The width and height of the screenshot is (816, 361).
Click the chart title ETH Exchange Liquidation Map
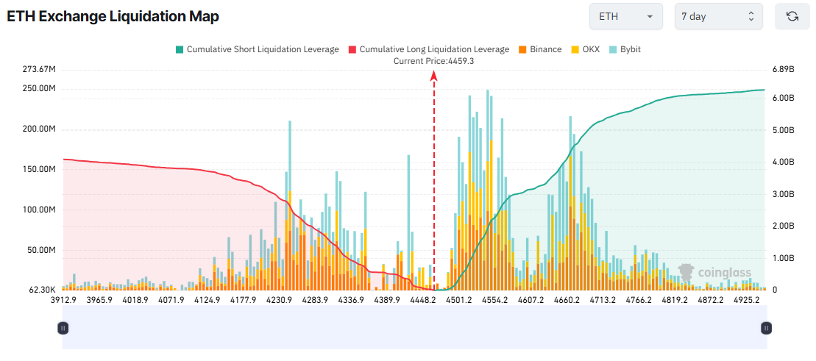113,16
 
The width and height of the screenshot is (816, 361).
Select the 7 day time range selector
718,16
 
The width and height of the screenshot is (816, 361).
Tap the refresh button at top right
792,16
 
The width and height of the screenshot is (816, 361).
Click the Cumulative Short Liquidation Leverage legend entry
256,49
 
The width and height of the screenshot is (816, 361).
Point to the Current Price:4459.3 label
433,61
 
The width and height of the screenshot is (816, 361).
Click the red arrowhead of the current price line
434,74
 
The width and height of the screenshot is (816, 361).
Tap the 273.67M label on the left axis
40,69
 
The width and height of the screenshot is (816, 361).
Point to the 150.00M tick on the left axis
40,169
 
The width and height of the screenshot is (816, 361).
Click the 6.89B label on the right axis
783,69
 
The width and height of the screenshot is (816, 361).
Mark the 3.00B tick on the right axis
783,194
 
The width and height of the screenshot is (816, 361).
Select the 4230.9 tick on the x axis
279,300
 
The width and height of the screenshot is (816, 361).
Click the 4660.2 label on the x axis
567,300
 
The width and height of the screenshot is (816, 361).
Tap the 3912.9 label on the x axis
63,300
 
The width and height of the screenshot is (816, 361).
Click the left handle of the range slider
63,328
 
